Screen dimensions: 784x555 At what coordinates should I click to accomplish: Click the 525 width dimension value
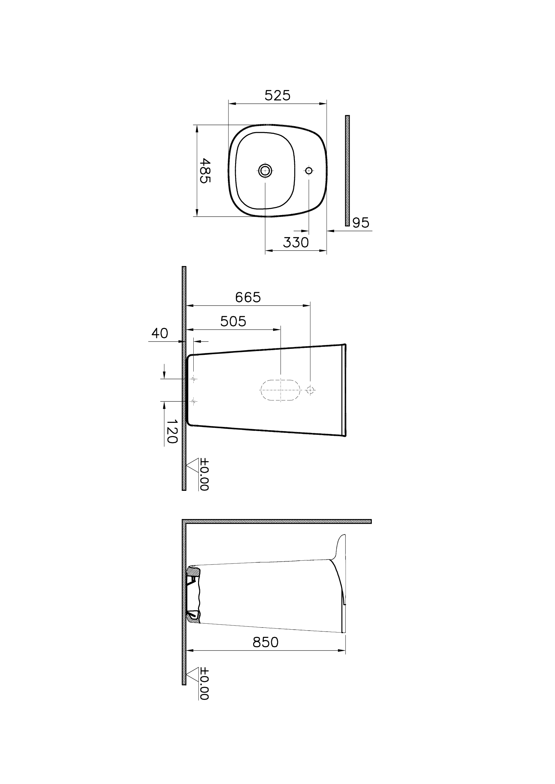point(277,96)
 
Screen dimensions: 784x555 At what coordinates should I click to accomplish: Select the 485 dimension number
point(204,170)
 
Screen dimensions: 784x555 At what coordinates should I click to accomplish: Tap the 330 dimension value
point(296,243)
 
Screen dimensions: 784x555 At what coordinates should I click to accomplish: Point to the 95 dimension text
point(361,223)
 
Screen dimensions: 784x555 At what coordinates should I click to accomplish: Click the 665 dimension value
point(248,297)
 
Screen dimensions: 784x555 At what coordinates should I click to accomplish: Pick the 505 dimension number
point(233,321)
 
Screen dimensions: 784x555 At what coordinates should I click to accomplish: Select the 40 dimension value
point(159,333)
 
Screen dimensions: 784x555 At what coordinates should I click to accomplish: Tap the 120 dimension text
point(172,431)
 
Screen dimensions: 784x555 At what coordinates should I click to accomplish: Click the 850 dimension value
point(265,643)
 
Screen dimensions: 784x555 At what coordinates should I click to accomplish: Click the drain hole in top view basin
point(265,170)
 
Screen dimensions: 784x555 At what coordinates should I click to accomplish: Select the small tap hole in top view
point(309,170)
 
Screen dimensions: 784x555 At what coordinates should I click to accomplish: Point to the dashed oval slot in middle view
point(280,390)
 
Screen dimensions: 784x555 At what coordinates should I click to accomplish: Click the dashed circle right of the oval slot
point(310,390)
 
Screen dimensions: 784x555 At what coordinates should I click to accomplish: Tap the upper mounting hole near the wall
point(193,379)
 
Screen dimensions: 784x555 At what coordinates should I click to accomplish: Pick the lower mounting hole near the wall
point(193,401)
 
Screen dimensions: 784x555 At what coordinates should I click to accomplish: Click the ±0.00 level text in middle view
point(204,474)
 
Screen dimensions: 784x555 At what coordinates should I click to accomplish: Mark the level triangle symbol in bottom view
point(193,674)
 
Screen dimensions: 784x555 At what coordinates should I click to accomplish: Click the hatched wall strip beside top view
point(347,170)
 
